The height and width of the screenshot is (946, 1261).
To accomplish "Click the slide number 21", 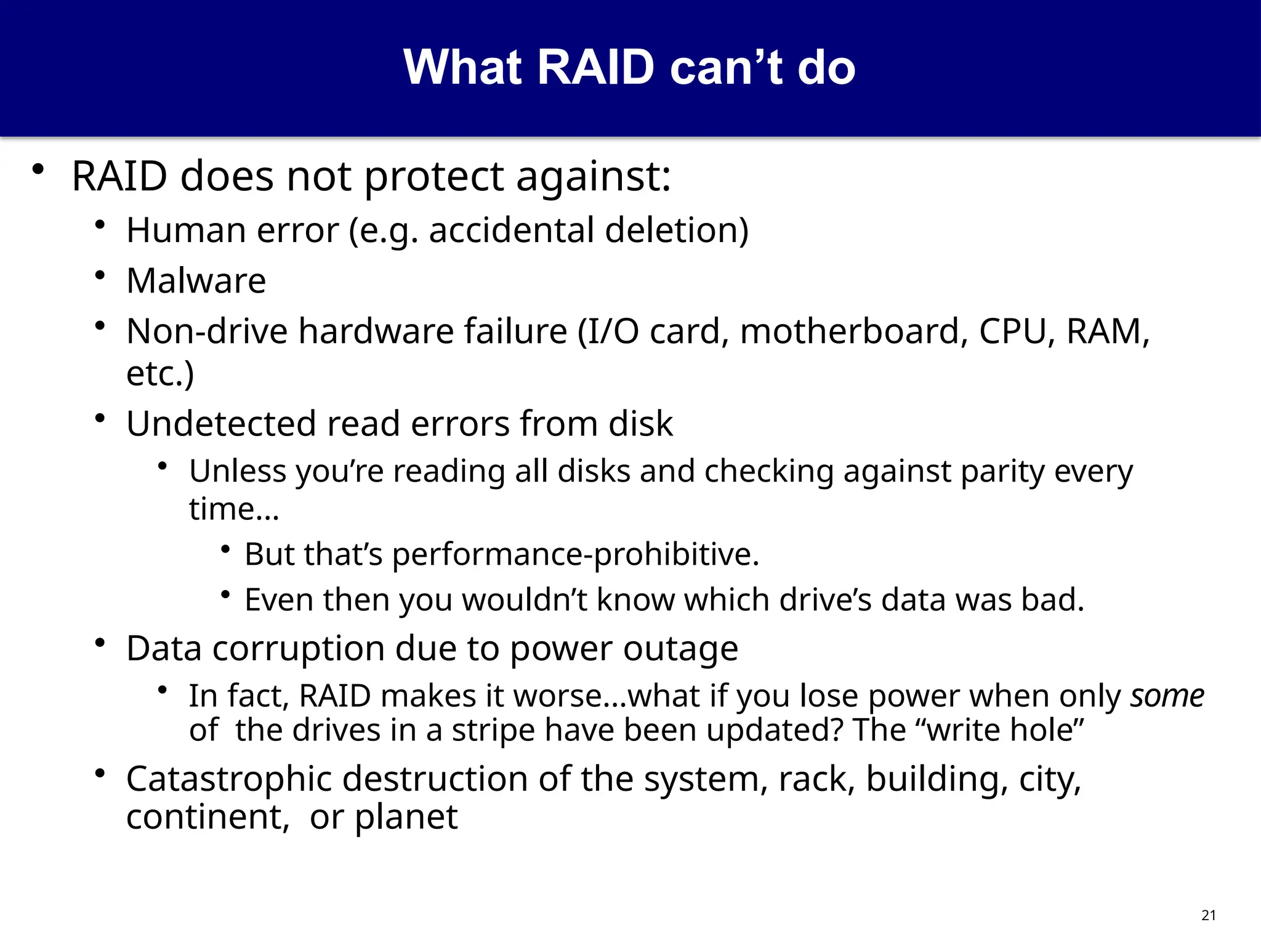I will [x=1208, y=915].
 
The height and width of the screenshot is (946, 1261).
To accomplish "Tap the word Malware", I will [x=196, y=281].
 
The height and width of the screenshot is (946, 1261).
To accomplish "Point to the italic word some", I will [x=1167, y=696].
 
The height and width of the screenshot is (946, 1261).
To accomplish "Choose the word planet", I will [x=406, y=817].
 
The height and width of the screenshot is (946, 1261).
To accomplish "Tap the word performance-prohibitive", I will [x=575, y=554].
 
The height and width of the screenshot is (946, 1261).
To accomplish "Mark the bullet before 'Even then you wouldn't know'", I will [x=226, y=594].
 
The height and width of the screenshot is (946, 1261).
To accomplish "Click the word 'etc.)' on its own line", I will [x=160, y=373].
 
